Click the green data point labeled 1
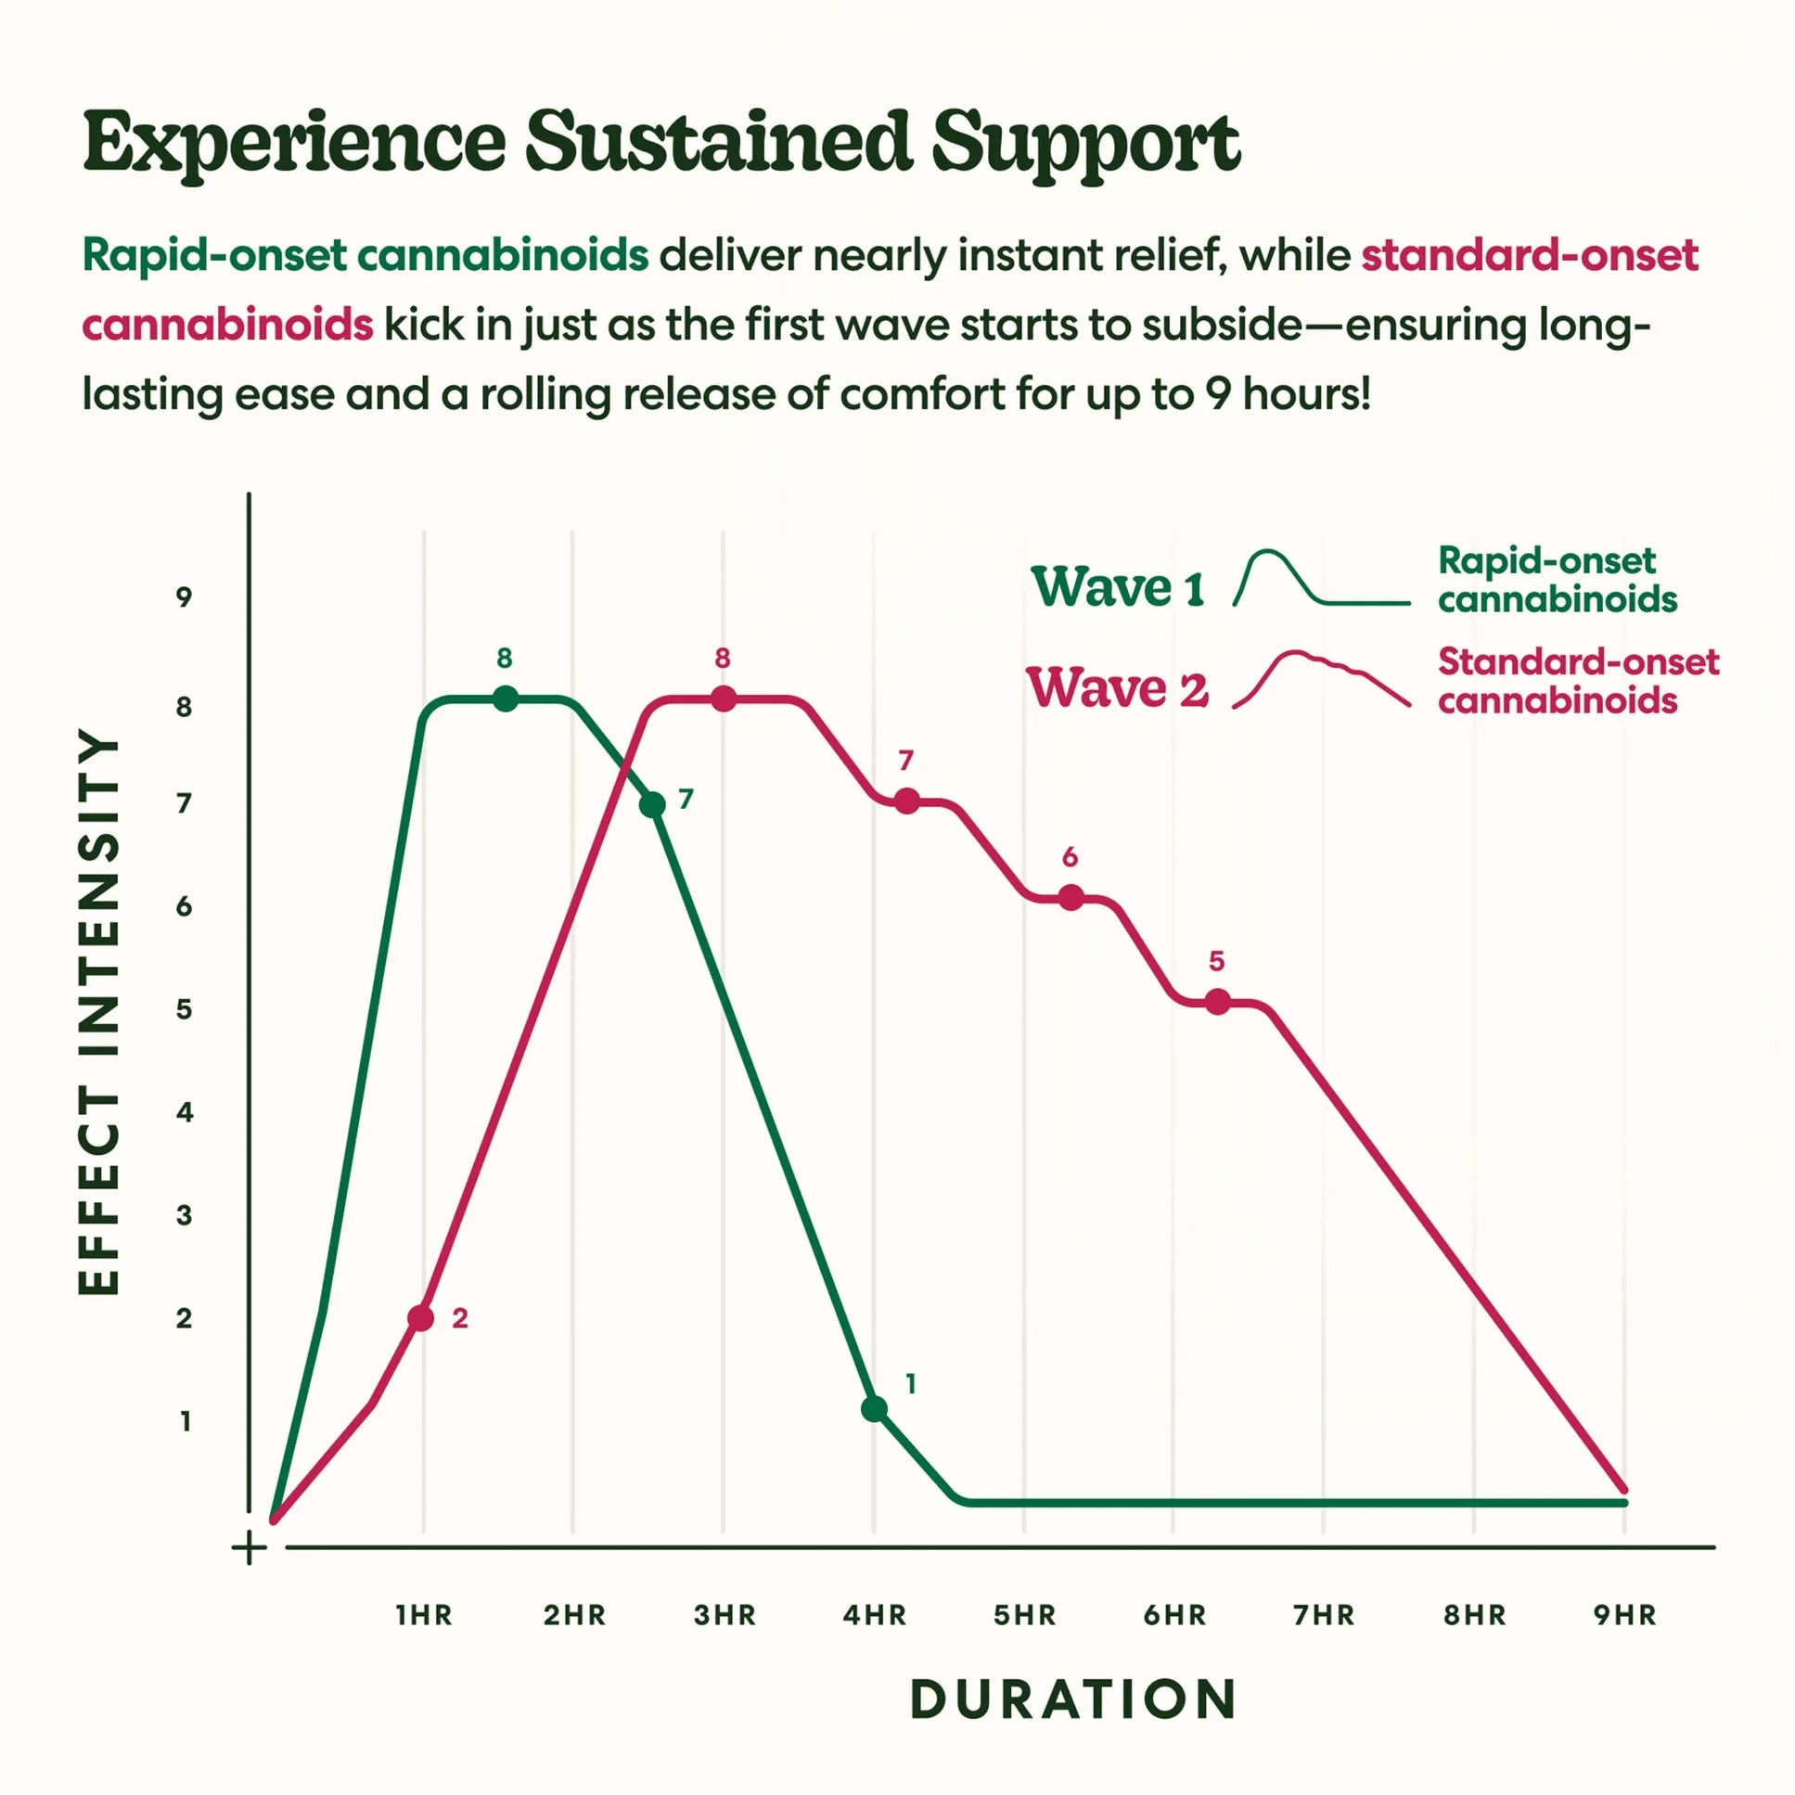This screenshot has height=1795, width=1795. coord(873,1408)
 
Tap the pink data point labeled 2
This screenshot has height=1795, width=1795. coord(421,1317)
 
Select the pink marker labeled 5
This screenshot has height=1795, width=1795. coord(1217,1002)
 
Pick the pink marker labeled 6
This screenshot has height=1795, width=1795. coord(1071,898)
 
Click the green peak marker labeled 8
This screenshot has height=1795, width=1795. coord(506,699)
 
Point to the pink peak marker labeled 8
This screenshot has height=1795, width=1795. coord(724,699)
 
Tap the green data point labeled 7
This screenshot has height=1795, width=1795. coord(652,804)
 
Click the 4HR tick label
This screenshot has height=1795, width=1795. coord(874,1616)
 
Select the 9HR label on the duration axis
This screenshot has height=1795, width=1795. coord(1625,1616)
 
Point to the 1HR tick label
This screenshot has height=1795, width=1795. coord(424,1616)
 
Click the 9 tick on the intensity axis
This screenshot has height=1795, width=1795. coord(184,597)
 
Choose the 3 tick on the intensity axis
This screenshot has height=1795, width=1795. coord(184,1215)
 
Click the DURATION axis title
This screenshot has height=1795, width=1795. coord(1073,1699)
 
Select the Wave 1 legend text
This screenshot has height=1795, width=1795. coord(1118,587)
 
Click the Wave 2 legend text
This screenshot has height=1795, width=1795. coord(1118,688)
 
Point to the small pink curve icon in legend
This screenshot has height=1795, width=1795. coord(1321,678)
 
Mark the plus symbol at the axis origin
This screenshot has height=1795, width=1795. coord(249,1548)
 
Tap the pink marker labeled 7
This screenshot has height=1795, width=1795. coord(907,801)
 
